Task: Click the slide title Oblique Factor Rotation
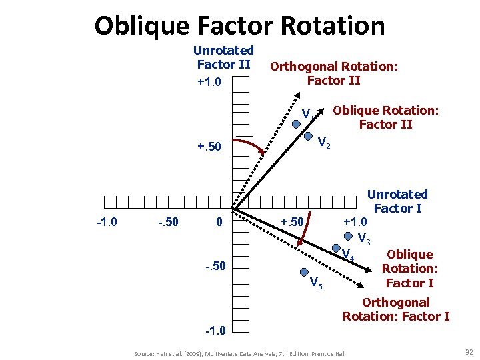coord(239,25)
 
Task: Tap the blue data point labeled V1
coord(297,123)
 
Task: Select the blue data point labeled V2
coord(309,136)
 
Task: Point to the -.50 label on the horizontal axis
coord(167,221)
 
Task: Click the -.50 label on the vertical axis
coord(215,267)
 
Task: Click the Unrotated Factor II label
coord(223,57)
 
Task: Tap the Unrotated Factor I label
coord(397,201)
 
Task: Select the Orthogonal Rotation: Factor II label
coord(333,73)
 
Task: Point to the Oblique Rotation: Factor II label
coord(385,117)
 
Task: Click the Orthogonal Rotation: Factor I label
coord(396,309)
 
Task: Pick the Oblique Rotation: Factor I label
coord(409,269)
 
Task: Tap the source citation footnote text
coord(239,353)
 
